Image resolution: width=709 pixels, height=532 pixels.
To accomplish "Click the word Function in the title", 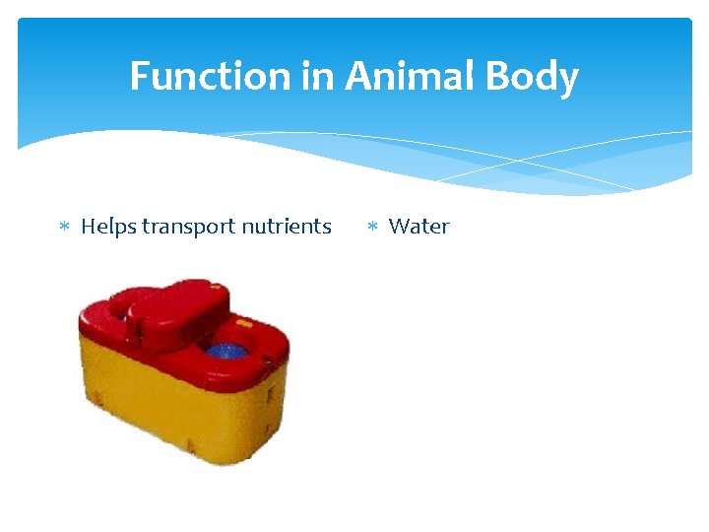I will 213,76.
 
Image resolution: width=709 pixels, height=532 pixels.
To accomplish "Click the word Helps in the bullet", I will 108,227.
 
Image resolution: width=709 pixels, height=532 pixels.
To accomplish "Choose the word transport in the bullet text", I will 187,228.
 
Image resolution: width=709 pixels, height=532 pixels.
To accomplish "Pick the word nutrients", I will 286,227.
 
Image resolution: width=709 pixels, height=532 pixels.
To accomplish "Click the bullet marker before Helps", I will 64,228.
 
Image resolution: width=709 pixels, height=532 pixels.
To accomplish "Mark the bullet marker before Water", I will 372,228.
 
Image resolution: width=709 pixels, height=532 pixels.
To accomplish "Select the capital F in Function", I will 141,76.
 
